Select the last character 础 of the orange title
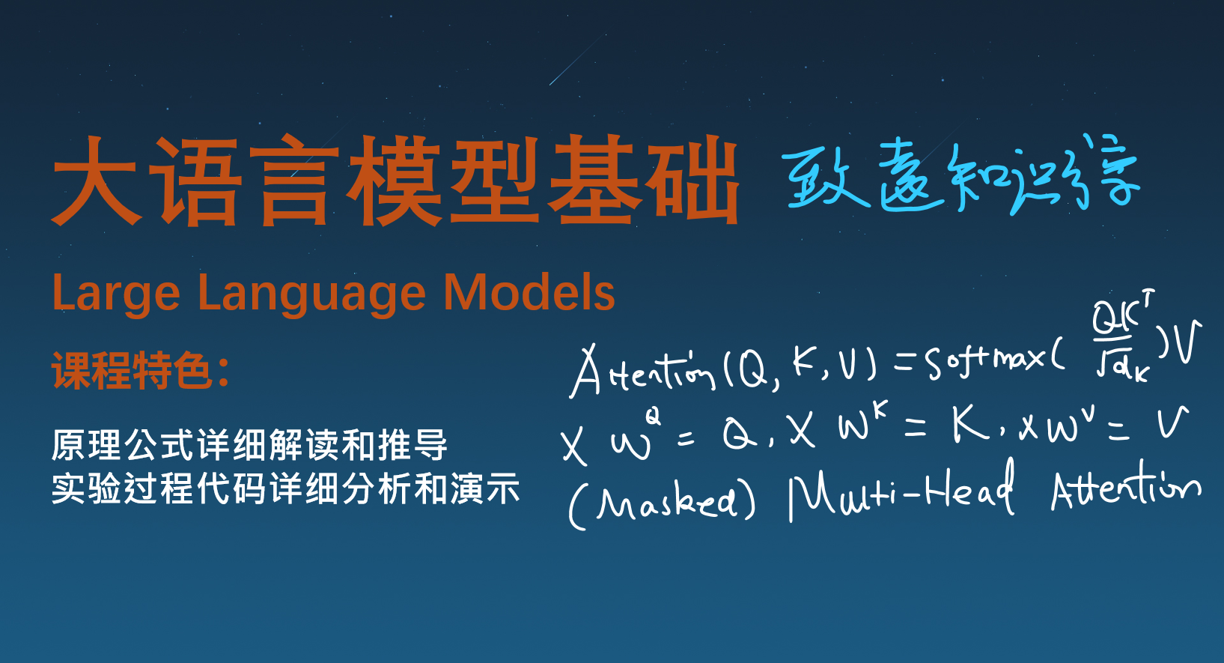693,181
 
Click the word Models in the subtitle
529,292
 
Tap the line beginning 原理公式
249,445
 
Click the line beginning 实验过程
285,488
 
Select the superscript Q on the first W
653,415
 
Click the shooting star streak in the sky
574,60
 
